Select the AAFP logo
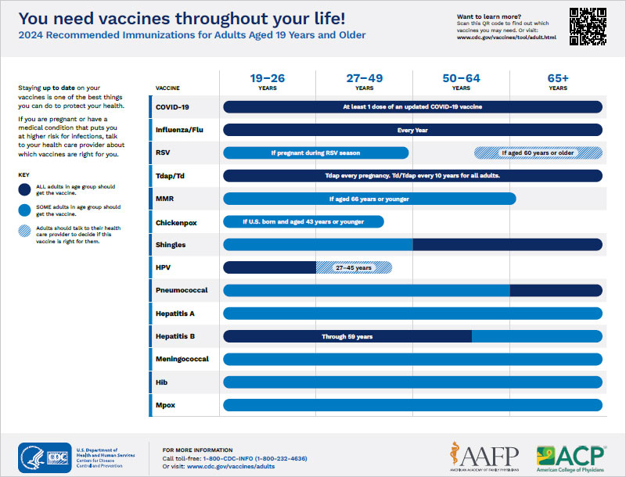pos(483,455)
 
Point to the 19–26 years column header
pos(268,82)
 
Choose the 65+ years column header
pos(558,82)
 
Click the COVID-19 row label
pos(172,107)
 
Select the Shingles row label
pos(171,245)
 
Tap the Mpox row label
pos(167,406)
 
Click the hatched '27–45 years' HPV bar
pos(354,267)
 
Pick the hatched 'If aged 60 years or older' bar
pos(539,152)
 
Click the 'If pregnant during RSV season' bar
pos(316,152)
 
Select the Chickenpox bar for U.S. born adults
pos(304,222)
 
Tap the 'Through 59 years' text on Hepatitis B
pos(347,337)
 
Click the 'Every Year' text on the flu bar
pos(412,130)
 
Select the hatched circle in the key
pos(27,234)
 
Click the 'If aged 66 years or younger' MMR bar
pos(369,199)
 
